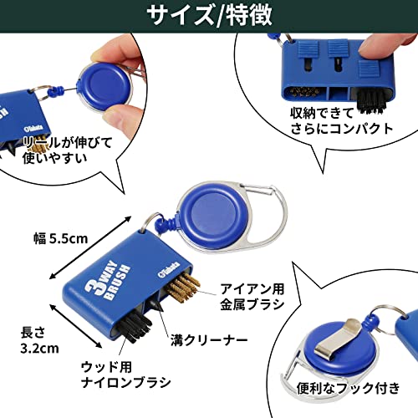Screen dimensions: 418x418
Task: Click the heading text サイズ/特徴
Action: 209,15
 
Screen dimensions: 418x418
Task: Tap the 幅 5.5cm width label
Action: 61,238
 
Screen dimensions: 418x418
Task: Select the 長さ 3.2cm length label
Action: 39,340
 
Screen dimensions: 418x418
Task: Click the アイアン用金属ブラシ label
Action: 252,297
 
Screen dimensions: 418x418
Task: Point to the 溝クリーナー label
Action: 209,340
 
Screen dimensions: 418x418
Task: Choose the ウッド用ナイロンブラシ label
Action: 125,375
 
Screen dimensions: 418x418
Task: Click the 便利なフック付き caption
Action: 348,388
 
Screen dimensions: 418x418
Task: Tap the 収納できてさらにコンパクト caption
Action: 342,121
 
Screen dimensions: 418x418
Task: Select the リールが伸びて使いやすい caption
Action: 68,150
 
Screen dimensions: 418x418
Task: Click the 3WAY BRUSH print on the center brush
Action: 108,281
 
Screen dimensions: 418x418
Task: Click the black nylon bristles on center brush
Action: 134,327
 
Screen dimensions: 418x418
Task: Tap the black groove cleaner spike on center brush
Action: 156,305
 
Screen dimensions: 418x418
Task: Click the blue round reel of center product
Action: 214,215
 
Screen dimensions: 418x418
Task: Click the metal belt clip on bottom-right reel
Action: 339,338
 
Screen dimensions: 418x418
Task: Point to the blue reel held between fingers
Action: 104,86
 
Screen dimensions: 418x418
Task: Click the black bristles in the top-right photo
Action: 371,101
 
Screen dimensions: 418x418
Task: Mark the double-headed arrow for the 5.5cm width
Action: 89,247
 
